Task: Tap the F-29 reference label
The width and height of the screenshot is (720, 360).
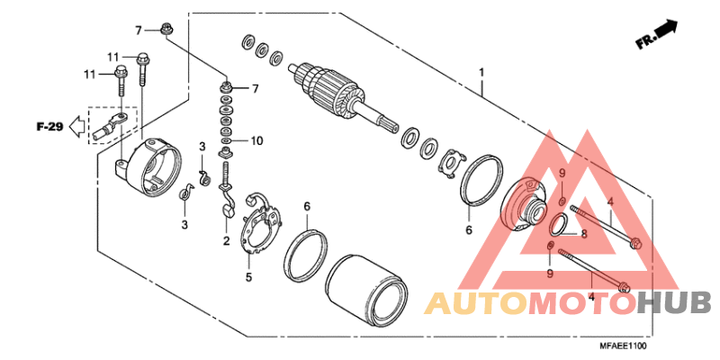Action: tap(49, 127)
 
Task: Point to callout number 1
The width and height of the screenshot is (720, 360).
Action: tap(481, 73)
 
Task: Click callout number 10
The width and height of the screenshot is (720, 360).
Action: tap(256, 140)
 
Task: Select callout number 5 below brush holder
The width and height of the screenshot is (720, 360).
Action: tap(248, 277)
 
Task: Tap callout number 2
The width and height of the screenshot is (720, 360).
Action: tap(227, 240)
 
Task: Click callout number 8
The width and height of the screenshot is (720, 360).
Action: tap(583, 234)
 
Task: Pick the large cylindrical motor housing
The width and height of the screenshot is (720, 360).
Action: tap(367, 289)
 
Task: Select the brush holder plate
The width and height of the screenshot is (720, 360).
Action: tap(260, 222)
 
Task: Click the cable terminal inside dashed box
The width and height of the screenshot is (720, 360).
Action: tap(109, 126)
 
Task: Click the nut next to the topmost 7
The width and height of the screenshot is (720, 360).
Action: tap(166, 31)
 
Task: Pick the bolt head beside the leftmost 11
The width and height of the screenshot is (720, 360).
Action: tap(121, 70)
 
